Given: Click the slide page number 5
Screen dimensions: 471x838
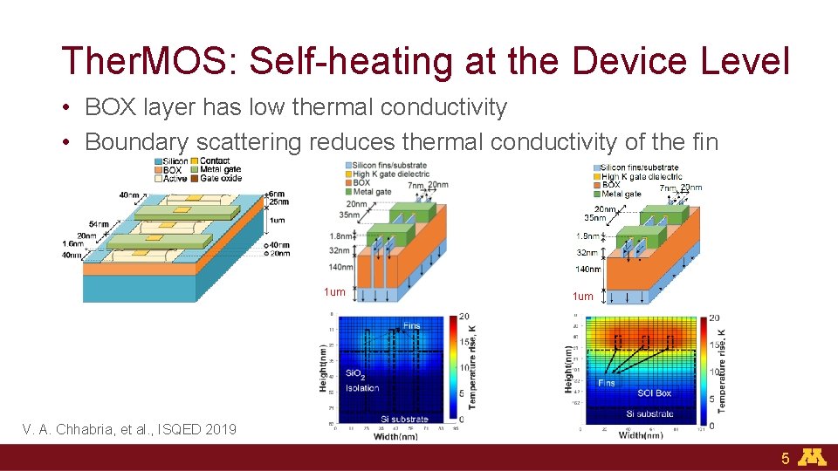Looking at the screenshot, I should [785, 458].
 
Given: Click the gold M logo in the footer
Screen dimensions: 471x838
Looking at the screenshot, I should [814, 457].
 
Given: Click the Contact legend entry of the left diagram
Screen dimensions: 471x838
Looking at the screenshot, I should [214, 161].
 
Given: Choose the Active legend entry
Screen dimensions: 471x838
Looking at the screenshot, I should [174, 178].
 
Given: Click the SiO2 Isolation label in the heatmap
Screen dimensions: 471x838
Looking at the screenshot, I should [361, 380].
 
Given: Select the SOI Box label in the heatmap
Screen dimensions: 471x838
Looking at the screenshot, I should [655, 393].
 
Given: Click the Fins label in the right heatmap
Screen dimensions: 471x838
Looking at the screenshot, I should [606, 383].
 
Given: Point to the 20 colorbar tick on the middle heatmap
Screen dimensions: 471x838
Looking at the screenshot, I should [465, 317].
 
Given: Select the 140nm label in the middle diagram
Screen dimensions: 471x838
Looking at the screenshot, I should [341, 268].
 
